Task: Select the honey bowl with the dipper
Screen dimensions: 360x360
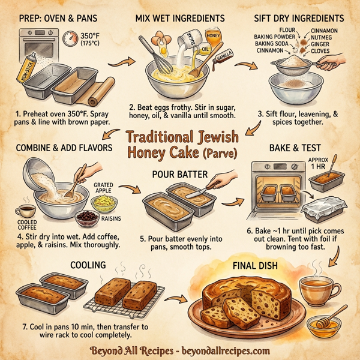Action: [x=324, y=325]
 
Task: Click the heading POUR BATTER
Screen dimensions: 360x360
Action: [x=181, y=174]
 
